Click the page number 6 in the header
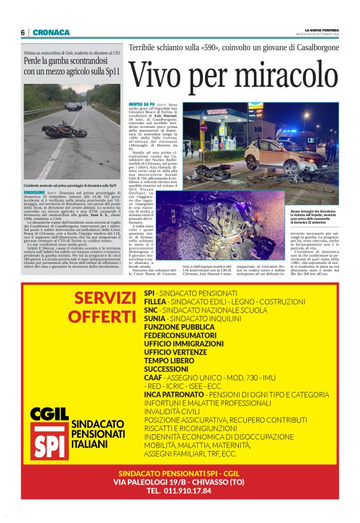click(x=22, y=32)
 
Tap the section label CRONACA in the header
click(x=47, y=32)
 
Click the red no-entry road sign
click(x=203, y=127)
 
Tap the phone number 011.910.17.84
click(x=179, y=491)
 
